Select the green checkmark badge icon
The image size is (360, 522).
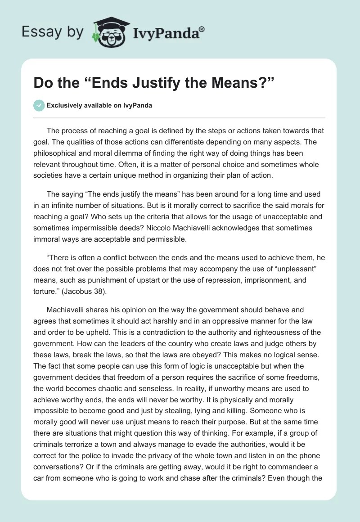(x=39, y=106)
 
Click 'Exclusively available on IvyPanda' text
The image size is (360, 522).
(x=99, y=106)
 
